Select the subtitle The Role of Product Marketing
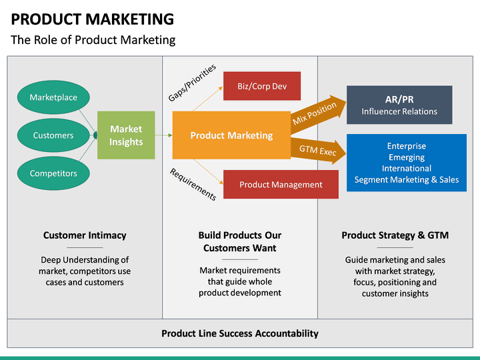(x=93, y=40)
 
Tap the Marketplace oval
(x=53, y=97)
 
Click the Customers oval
(x=53, y=135)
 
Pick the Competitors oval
(x=53, y=173)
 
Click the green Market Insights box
(x=126, y=135)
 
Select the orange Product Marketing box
(x=231, y=135)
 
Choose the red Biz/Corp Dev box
(x=261, y=86)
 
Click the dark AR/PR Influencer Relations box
(x=399, y=105)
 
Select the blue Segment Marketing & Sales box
(x=406, y=163)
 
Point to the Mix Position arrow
(x=319, y=113)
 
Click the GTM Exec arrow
(x=319, y=150)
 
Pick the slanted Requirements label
(x=193, y=184)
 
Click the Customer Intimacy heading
(x=85, y=235)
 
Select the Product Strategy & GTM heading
(x=395, y=235)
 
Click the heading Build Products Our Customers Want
(x=240, y=241)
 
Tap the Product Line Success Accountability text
(x=240, y=333)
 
